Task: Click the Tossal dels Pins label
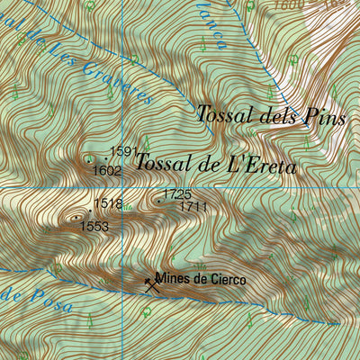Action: click(270, 114)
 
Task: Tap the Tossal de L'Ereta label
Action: click(216, 163)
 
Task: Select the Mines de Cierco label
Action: click(200, 279)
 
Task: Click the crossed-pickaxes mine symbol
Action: click(151, 284)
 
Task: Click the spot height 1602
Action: click(107, 170)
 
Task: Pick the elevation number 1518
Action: click(108, 204)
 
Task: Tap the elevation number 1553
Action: click(94, 226)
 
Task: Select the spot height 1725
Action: click(177, 194)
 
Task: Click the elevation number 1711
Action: click(193, 207)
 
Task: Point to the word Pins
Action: click(326, 115)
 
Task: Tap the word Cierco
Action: click(225, 279)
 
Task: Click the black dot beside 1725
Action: click(159, 201)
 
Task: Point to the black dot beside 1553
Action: click(76, 216)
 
